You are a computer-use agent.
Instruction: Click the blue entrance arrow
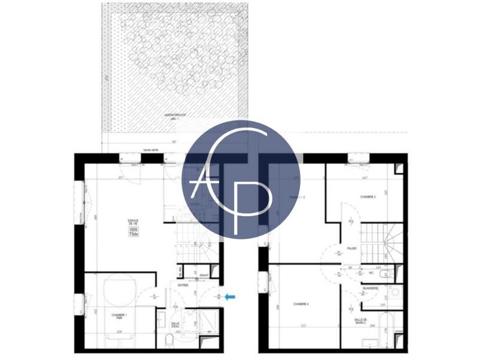[230, 295]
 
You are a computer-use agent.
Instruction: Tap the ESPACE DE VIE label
[133, 223]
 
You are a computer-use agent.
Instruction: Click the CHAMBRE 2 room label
[368, 196]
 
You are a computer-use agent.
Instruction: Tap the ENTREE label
[183, 286]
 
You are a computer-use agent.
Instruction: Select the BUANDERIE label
[371, 289]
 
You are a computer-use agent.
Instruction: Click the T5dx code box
[133, 234]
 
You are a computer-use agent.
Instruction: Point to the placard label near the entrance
[204, 276]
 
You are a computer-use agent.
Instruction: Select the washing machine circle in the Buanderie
[395, 294]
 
